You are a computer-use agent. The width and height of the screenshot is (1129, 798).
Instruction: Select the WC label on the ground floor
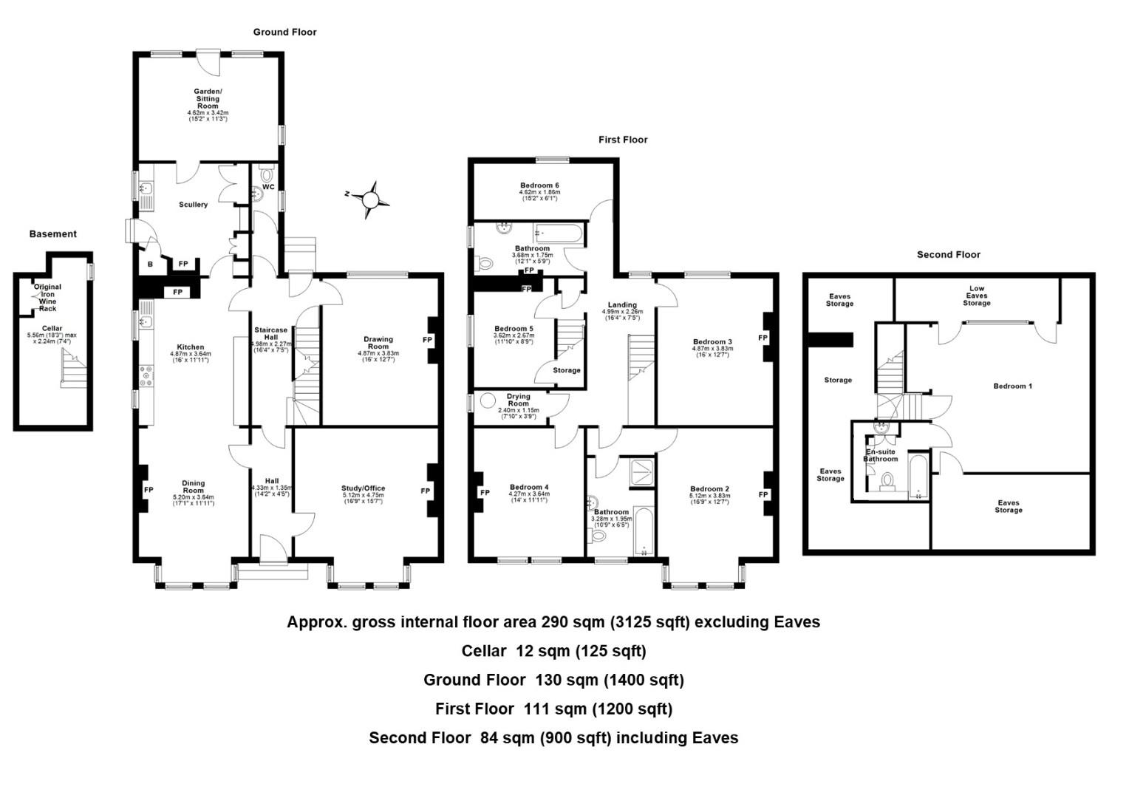coord(268,187)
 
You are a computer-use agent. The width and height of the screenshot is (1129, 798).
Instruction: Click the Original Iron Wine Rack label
coord(47,297)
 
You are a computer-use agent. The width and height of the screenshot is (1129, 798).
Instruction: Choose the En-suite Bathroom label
coord(880,455)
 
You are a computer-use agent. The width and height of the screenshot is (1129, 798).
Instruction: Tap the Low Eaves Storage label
coord(976,296)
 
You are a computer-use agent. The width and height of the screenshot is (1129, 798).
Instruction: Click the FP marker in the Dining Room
coord(149,490)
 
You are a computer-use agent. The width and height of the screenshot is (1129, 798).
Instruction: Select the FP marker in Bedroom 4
coord(485,493)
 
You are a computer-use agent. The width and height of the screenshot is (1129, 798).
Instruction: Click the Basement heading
coord(52,234)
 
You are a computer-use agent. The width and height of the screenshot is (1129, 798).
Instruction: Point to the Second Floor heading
coord(948,255)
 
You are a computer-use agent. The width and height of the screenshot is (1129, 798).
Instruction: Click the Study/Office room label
coord(363,488)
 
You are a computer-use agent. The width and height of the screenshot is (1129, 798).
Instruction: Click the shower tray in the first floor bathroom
coord(641,473)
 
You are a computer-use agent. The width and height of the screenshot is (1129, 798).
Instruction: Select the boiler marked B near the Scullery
coord(150,264)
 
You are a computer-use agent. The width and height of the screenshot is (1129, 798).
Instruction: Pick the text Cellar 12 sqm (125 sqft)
coord(553,651)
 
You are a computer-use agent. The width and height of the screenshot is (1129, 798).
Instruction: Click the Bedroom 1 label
coord(1012,386)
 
